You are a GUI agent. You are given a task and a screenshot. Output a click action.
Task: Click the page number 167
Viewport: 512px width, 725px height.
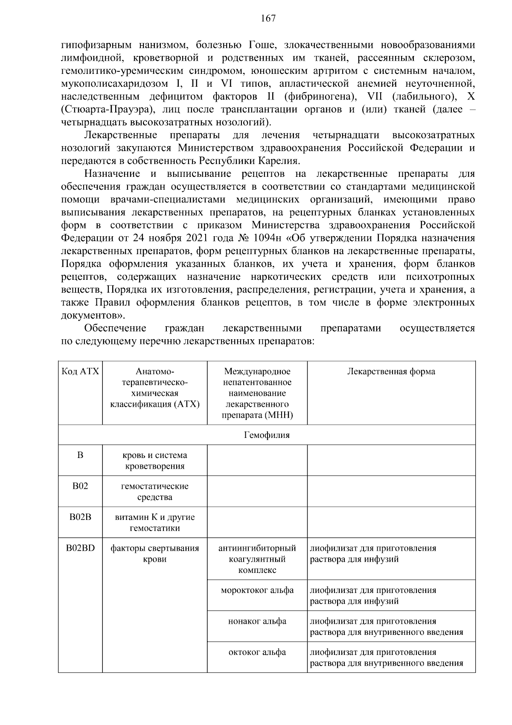268,18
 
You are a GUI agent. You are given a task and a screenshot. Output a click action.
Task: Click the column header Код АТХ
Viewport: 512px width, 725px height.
80,372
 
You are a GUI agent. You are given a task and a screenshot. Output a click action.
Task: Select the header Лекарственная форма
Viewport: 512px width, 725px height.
391,372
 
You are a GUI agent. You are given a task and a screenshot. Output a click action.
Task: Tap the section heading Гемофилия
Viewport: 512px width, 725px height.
267,435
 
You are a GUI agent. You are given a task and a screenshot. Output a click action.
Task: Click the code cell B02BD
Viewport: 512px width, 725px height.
80,548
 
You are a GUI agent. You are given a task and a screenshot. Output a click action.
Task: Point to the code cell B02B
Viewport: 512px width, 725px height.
80,517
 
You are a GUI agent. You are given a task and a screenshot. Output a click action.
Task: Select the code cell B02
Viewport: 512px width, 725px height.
80,486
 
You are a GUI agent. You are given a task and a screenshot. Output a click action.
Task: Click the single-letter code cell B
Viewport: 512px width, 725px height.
80,455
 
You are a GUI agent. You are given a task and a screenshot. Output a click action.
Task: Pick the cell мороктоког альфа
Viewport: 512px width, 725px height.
257,590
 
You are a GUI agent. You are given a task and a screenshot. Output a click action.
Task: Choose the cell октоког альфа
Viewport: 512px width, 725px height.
257,652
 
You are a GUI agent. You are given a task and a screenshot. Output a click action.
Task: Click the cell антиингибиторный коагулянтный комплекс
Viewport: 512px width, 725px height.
257,559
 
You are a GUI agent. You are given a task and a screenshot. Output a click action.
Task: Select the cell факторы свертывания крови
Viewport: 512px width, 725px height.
154,554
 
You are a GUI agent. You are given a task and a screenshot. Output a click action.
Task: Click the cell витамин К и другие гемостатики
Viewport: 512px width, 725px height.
154,522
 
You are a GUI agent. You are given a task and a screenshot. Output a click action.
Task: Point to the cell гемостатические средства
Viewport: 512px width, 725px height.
154,492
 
